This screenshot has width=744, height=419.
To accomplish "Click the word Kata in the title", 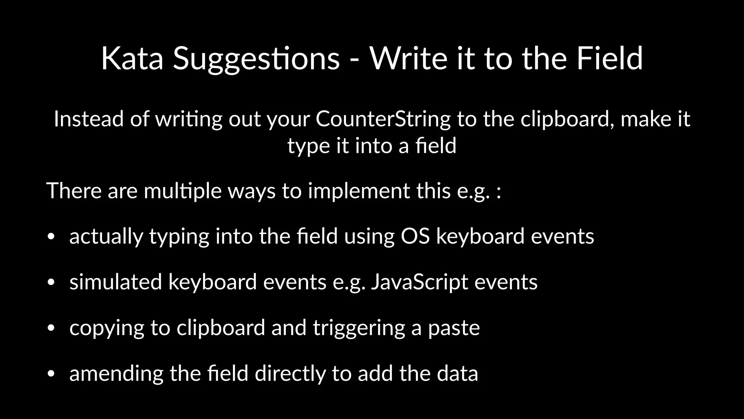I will (132, 58).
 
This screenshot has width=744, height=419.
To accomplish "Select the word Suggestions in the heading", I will (256, 59).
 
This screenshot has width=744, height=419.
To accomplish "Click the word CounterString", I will (383, 119).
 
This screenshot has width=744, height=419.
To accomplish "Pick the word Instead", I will (89, 119).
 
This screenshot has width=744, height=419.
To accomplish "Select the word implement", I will (359, 191).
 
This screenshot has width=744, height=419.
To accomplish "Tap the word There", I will (74, 190).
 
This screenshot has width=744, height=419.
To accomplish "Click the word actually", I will (106, 236).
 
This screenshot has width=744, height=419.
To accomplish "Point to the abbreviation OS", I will (415, 236).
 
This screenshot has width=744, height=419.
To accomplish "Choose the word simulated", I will (116, 282).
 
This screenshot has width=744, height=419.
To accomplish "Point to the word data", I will (457, 374).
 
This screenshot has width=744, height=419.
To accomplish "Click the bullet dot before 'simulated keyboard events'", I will (51, 283).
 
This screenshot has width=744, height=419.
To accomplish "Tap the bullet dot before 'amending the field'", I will (51, 374).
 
